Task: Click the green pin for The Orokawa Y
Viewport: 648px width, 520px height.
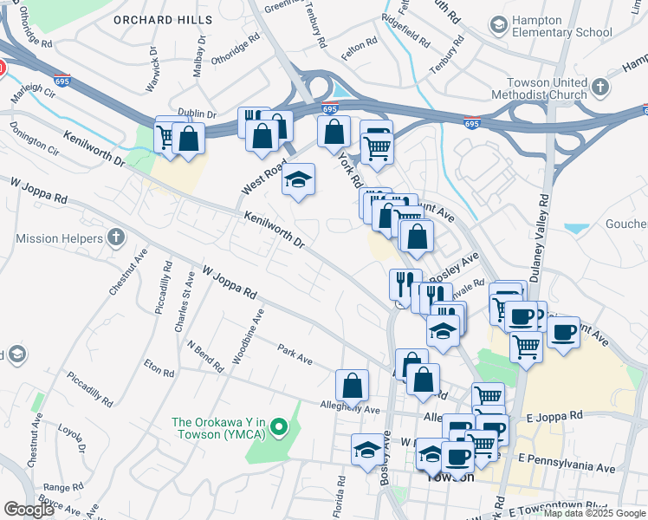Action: (278, 427)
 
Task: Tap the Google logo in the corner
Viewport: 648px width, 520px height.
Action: (29, 510)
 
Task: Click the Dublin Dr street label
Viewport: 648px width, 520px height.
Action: (196, 114)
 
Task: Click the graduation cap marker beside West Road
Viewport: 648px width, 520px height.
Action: (299, 179)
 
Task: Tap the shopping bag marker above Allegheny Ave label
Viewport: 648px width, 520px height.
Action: (353, 385)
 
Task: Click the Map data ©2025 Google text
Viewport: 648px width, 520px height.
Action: (593, 513)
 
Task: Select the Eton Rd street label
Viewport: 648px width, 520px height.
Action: (159, 368)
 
